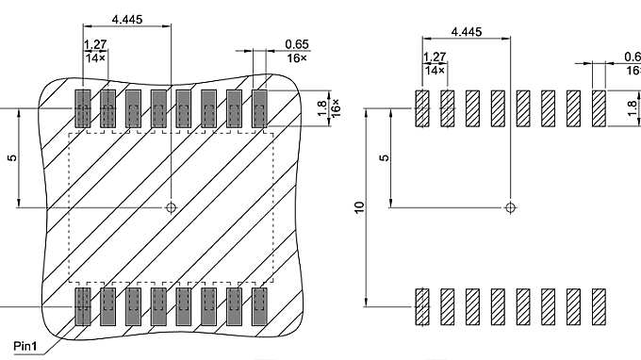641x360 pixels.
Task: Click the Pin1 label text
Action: click(27, 346)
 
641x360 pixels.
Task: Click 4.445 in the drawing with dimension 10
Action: click(467, 31)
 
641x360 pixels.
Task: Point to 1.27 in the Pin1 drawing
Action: click(95, 44)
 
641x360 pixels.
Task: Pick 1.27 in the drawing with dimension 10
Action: click(435, 57)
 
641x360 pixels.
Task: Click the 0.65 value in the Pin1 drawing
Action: click(297, 44)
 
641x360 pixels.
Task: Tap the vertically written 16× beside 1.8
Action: click(335, 106)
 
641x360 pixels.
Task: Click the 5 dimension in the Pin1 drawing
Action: click(11, 157)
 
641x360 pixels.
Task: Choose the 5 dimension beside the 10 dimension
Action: click(384, 157)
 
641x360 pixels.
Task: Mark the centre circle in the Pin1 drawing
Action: click(171, 206)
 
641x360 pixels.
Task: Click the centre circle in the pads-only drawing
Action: click(510, 206)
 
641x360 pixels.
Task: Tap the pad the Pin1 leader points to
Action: click(82, 306)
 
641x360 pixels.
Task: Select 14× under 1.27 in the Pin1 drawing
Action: click(95, 57)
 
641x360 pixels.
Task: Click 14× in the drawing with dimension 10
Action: click(435, 71)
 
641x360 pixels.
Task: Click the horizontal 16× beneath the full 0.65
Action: click(297, 57)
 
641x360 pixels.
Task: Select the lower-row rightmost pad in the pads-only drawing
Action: click(599, 306)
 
